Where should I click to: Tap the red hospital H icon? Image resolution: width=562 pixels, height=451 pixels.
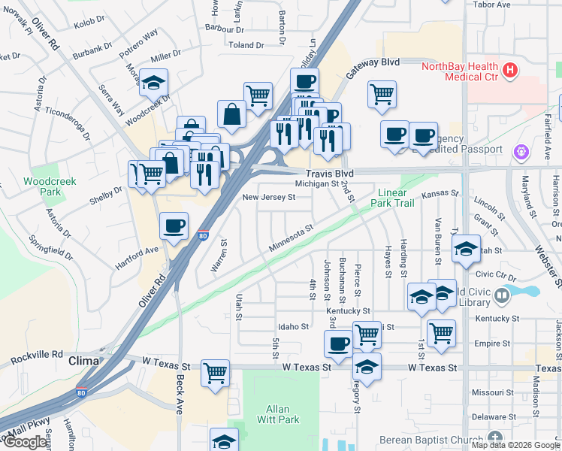(x=510, y=71)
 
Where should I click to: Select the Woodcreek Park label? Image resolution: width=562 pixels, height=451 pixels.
(x=44, y=186)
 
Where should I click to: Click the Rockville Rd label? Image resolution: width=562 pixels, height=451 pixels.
(x=36, y=354)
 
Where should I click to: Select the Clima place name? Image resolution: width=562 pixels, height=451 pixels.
(x=84, y=361)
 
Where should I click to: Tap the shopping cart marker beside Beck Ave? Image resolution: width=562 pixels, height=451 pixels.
(x=215, y=372)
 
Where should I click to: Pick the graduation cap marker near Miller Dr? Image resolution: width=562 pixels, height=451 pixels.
(x=154, y=83)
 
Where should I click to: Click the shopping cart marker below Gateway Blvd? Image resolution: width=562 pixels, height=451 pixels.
(x=382, y=94)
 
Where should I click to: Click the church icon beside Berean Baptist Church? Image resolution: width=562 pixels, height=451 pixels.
(x=494, y=437)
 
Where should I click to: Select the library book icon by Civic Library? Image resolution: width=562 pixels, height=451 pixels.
(x=502, y=298)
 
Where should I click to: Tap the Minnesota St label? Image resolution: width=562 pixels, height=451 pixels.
(x=291, y=238)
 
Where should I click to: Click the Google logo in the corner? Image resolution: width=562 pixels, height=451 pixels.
(x=26, y=442)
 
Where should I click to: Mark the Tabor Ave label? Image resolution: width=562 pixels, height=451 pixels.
(x=491, y=4)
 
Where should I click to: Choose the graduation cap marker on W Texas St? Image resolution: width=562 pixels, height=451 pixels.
(x=367, y=367)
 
